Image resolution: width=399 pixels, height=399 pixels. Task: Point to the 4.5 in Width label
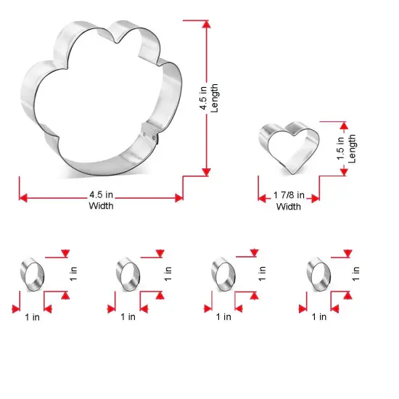pos(101,199)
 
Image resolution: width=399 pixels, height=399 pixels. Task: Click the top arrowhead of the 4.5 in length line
pos(206,24)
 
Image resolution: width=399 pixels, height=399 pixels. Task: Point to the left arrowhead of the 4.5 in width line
pos(22,197)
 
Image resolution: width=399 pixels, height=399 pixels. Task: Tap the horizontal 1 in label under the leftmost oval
pos(32,316)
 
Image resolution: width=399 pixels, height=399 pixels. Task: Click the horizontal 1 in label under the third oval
pos(223,316)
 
